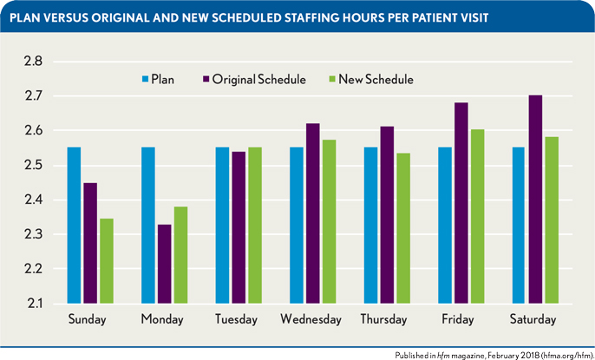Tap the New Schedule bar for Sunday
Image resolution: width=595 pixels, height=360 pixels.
pyautogui.click(x=106, y=261)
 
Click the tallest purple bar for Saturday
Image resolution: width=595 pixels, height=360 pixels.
pyautogui.click(x=536, y=199)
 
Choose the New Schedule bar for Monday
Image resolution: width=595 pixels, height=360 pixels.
pyautogui.click(x=180, y=255)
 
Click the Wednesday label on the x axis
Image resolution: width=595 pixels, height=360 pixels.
pyautogui.click(x=311, y=320)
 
